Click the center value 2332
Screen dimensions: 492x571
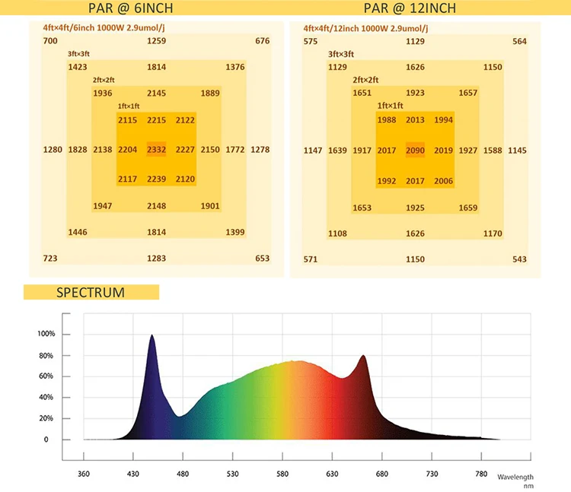(156, 150)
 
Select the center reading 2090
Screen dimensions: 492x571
(415, 150)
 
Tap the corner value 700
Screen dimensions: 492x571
(50, 41)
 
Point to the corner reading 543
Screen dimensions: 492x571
(519, 259)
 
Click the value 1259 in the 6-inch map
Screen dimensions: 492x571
(156, 41)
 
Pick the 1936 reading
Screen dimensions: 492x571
(102, 94)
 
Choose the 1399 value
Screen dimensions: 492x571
(235, 232)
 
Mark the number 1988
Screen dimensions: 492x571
(387, 120)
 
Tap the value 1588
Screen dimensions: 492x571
(493, 151)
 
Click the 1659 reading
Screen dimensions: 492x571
(468, 208)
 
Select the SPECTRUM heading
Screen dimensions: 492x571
(91, 292)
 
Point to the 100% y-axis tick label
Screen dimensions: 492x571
(46, 334)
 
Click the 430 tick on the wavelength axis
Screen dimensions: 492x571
(133, 474)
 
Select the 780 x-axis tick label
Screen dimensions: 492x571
(480, 474)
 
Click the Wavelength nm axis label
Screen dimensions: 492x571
(515, 481)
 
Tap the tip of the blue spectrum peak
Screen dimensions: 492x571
(152, 335)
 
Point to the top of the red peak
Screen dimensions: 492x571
(363, 356)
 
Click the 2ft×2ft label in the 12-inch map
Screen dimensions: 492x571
(365, 79)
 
